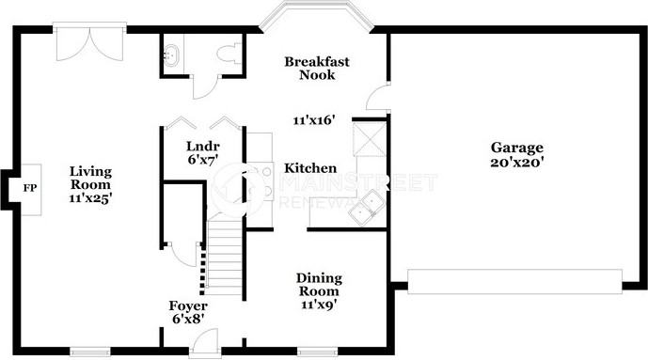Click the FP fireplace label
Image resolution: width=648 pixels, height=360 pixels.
(30, 188)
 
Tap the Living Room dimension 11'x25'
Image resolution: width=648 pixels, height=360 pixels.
(91, 198)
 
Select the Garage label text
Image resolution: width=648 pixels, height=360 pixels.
(517, 149)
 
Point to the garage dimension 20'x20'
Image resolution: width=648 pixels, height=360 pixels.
(517, 162)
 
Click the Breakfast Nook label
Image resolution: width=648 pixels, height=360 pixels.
(317, 68)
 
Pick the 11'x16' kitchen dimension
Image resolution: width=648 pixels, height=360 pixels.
(314, 120)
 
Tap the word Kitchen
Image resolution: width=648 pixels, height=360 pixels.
(310, 168)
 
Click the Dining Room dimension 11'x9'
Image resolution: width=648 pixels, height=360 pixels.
(319, 305)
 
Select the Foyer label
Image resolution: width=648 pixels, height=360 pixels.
(188, 305)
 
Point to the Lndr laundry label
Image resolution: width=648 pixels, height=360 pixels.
(203, 146)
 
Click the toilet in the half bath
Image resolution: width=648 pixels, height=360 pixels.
(229, 53)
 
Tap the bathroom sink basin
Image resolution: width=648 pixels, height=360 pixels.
(171, 55)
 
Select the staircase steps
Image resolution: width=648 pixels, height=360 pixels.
(225, 258)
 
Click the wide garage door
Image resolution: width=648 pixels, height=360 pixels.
(515, 282)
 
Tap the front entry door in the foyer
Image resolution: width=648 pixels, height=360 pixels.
(205, 342)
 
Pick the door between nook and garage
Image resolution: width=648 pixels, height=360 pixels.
(378, 98)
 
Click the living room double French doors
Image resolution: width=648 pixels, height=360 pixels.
(89, 42)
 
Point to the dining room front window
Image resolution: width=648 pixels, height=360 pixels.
(317, 352)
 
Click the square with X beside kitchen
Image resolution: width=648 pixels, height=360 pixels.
(369, 139)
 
